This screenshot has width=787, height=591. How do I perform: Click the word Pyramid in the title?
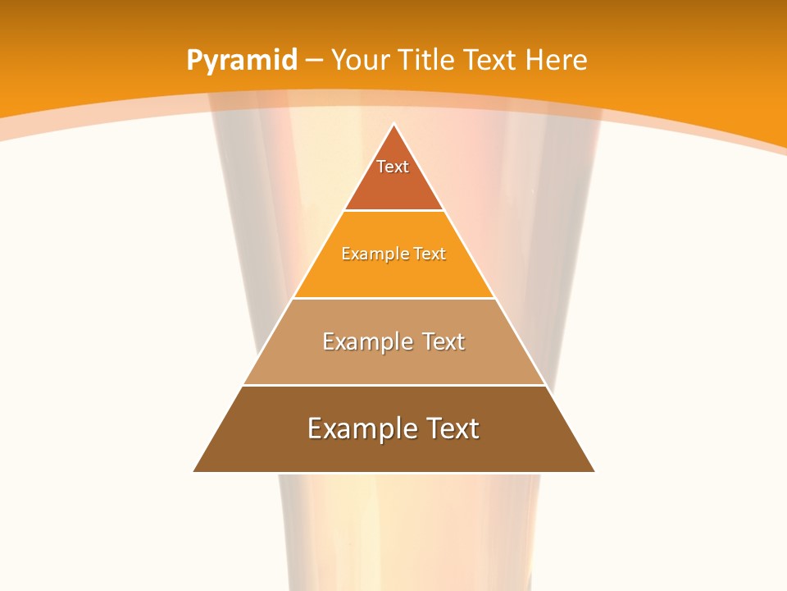[x=242, y=61]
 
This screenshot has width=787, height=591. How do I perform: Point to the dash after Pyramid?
[x=313, y=61]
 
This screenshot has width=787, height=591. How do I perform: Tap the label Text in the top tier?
[x=393, y=167]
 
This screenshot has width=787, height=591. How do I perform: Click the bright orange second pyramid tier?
[x=393, y=275]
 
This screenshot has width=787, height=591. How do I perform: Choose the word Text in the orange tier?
[x=430, y=254]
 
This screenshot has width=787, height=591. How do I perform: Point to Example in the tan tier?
[x=360, y=341]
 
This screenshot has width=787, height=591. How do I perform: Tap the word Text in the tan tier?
[x=444, y=341]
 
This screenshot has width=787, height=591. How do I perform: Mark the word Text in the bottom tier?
[x=451, y=428]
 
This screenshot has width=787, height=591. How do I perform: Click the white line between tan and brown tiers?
[x=393, y=385]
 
